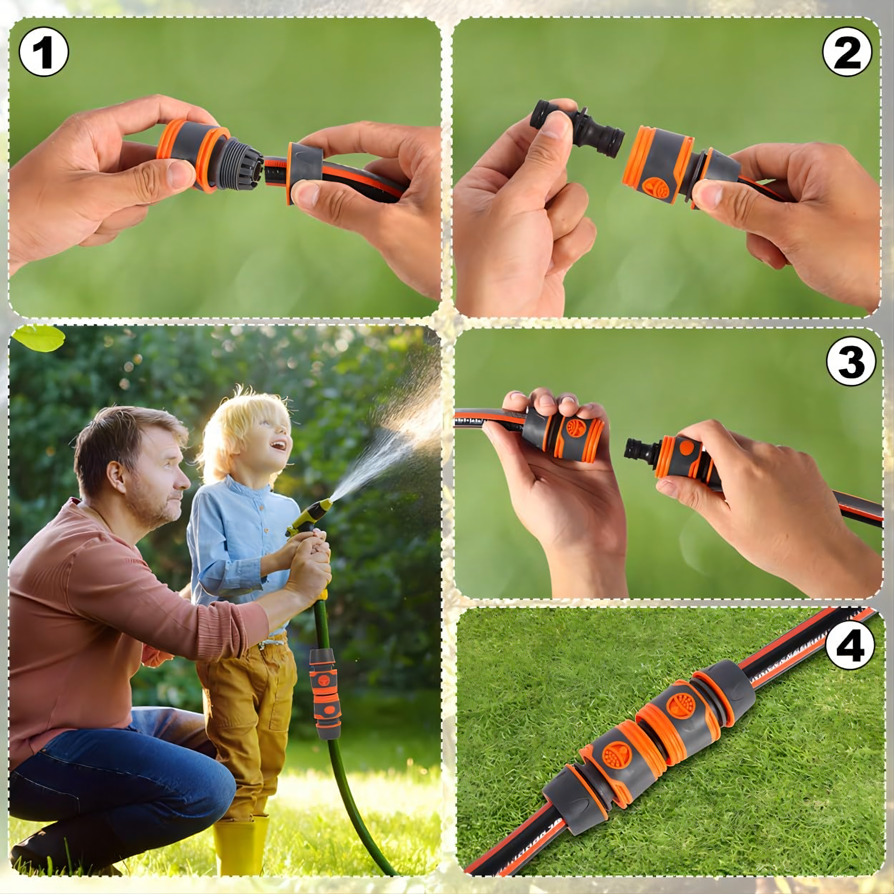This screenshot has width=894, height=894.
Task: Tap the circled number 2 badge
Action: [x=847, y=52]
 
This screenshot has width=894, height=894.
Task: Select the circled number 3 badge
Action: [x=851, y=361]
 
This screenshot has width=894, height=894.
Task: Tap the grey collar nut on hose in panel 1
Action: [x=305, y=172]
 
